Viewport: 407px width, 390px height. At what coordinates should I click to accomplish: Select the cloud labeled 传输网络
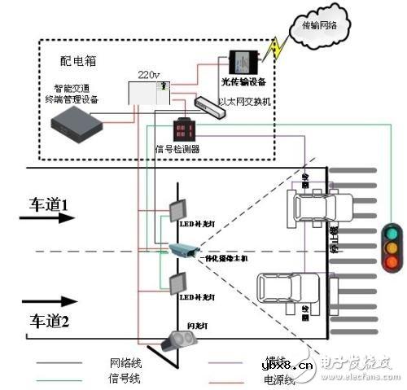click(x=318, y=25)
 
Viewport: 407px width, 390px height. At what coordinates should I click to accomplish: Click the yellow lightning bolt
click(x=276, y=48)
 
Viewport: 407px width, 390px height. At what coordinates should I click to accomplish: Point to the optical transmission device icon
click(x=239, y=62)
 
